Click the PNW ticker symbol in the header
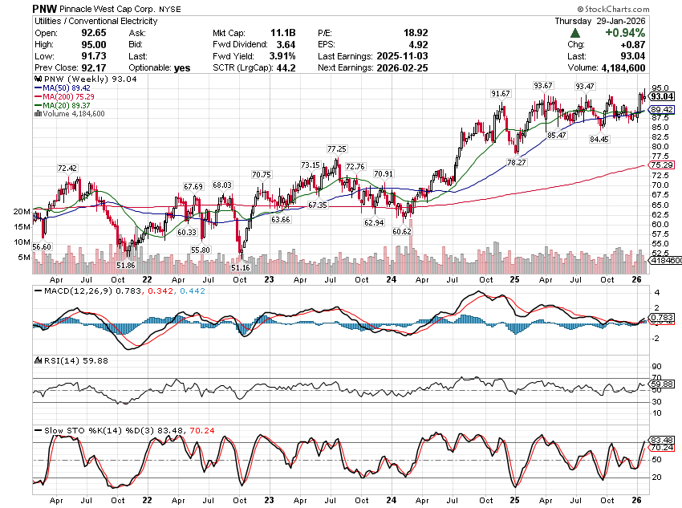pos(46,7)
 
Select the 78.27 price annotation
pos(517,162)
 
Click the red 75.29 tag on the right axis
pos(660,165)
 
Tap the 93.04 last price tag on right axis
pos(660,96)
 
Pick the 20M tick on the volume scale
pos(21,212)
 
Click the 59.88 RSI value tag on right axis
pos(660,384)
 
